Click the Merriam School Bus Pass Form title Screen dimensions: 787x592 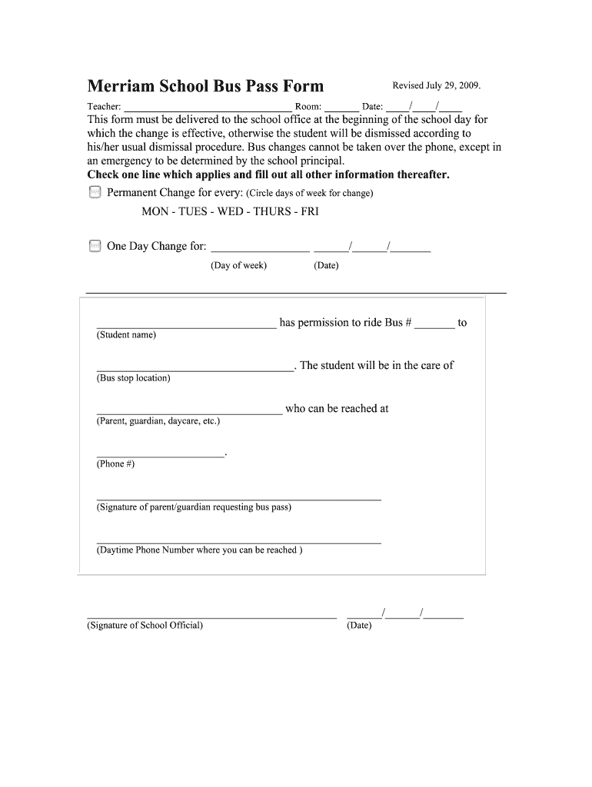[205, 86]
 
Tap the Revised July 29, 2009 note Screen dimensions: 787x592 [437, 85]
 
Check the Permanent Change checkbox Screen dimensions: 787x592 [95, 192]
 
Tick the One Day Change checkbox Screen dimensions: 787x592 [95, 246]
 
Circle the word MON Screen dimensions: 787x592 [156, 211]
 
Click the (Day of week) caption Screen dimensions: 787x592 [239, 266]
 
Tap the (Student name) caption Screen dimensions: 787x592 [126, 335]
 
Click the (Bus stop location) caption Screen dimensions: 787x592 [134, 378]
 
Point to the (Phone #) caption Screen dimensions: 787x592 [115, 464]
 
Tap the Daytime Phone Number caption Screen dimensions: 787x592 [199, 550]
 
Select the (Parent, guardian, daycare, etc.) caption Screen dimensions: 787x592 [158, 421]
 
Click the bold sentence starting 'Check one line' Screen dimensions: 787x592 [268, 174]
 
